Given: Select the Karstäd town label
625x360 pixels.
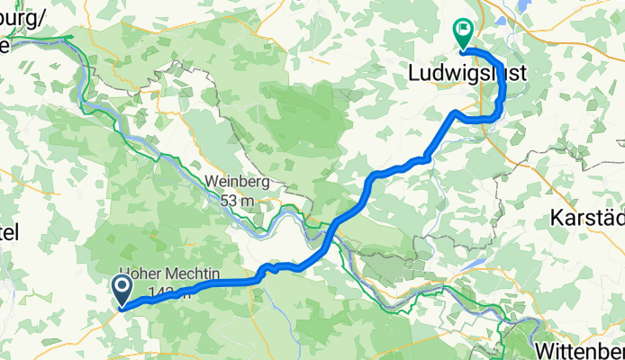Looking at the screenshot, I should click(586, 219).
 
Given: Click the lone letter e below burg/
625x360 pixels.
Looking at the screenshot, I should click(5, 41).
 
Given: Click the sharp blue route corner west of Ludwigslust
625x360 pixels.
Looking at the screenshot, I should click(456, 112).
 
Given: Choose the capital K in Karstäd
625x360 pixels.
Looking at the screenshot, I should click(555, 219).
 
